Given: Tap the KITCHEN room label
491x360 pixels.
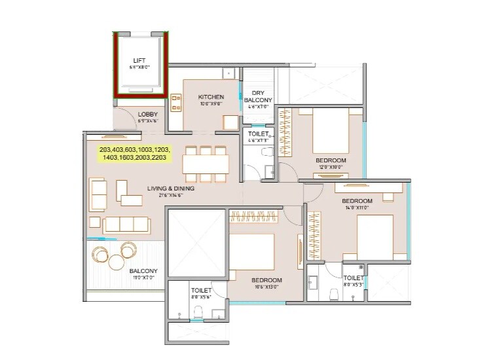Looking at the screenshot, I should (x=211, y=98).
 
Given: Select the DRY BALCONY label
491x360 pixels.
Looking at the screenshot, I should (x=258, y=96).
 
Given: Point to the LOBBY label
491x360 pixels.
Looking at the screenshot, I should (x=148, y=115).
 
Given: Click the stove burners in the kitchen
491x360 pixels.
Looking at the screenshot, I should (x=176, y=101).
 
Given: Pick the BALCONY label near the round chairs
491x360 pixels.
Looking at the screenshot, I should (x=143, y=270).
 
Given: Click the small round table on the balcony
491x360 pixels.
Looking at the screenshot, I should (x=116, y=262).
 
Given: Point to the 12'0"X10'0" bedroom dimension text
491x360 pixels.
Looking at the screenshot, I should (x=331, y=166).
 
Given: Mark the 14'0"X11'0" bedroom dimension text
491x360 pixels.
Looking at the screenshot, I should (x=357, y=207).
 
